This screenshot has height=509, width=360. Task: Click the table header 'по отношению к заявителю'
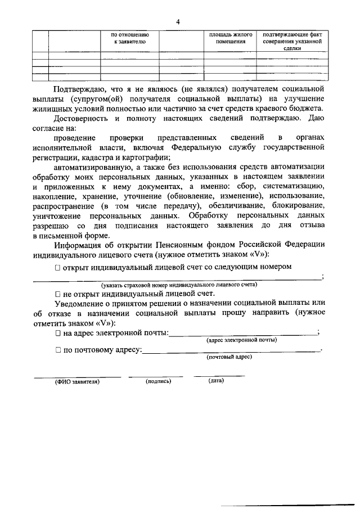click(x=129, y=38)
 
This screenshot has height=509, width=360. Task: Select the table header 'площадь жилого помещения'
click(x=231, y=38)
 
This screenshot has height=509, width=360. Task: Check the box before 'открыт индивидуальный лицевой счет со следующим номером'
click(x=58, y=268)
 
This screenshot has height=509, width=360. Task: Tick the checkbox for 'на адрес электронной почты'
click(x=58, y=334)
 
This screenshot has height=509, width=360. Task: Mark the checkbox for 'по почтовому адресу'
click(x=58, y=350)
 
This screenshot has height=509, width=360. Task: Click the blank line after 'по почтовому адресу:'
click(x=231, y=352)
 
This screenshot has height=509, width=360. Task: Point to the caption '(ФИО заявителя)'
click(x=77, y=381)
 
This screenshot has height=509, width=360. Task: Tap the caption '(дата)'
click(x=216, y=381)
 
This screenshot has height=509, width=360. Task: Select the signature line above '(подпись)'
click(x=156, y=375)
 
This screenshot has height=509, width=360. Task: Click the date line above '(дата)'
click(x=219, y=375)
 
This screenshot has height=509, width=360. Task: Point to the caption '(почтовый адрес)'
click(x=229, y=357)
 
